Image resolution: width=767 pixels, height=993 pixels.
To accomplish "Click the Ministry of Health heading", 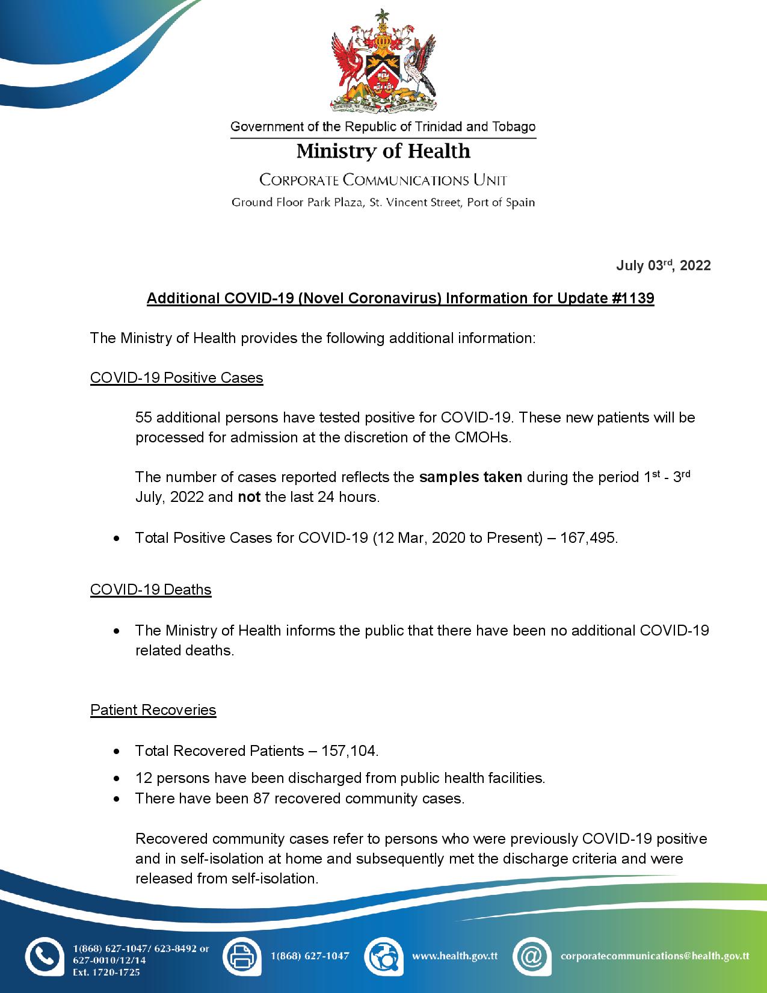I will click(383, 150).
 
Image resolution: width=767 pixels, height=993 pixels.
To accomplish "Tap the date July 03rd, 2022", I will click(663, 265).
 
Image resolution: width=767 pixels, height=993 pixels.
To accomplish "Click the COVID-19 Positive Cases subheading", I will click(176, 378).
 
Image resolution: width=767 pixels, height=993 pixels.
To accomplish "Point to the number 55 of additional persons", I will click(143, 417).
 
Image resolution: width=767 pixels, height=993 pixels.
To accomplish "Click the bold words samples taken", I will click(470, 477).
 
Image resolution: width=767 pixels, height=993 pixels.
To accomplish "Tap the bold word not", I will click(249, 498).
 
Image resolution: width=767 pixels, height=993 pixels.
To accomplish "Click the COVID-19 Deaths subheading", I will click(150, 589).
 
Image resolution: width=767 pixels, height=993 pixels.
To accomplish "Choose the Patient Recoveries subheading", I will click(153, 710).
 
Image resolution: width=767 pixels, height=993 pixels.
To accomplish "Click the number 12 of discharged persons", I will click(143, 778).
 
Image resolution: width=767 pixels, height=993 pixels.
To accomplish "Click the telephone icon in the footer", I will click(45, 956).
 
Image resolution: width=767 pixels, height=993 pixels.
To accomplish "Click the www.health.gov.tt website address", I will click(454, 956).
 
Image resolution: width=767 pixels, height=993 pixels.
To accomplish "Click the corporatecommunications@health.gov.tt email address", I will click(655, 956).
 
